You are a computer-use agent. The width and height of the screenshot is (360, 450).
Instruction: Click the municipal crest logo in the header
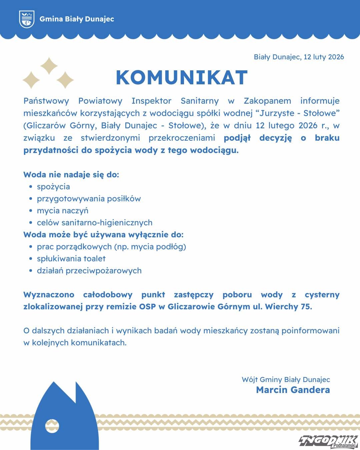tap(27, 19)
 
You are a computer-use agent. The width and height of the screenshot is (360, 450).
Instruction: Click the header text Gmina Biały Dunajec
tap(77, 19)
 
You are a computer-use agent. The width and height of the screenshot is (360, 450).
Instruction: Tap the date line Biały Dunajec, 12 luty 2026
tap(299, 57)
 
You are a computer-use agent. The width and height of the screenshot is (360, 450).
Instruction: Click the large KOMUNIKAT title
tap(182, 78)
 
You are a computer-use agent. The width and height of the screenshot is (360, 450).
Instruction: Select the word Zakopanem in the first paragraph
tap(267, 101)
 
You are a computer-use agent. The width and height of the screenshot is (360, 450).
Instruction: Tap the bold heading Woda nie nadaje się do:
tap(71, 174)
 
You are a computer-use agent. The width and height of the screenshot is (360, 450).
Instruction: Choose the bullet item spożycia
tap(53, 187)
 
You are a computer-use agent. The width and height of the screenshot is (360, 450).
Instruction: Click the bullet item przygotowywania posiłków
tap(89, 199)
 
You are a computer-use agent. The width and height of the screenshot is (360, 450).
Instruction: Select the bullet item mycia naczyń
tap(63, 211)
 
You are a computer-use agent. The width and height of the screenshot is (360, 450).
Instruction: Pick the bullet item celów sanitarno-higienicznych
tap(95, 223)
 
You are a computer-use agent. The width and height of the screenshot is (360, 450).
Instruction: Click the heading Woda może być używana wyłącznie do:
tap(103, 235)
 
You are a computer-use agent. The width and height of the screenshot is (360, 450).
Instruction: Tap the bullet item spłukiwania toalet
tap(71, 259)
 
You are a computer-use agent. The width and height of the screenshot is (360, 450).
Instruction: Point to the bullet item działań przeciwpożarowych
tap(89, 271)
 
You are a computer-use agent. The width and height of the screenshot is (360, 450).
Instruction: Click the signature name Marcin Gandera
tap(293, 390)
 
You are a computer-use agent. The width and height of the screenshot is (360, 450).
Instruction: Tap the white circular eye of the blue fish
tap(52, 426)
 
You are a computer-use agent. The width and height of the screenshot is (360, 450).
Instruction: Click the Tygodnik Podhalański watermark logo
tap(328, 441)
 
